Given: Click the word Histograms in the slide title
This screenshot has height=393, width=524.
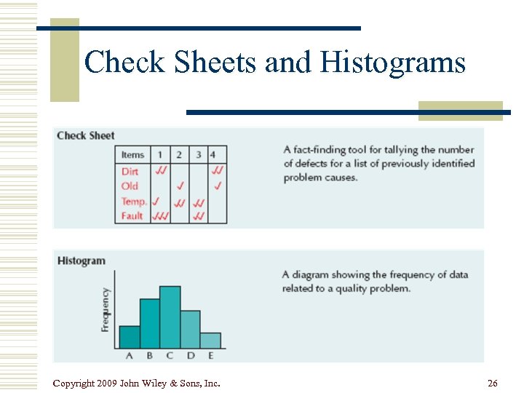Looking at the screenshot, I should point(393,63).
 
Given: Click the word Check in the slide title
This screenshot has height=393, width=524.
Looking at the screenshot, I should point(124,63).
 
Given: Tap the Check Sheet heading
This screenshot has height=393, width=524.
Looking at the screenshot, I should point(86,135).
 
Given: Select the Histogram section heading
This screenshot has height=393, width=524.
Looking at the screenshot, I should point(82,261).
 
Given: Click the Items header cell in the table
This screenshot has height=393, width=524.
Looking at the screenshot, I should point(132,154).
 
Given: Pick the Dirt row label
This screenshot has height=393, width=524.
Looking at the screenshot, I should point(130,171).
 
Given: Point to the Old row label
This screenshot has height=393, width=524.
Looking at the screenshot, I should point(130,186).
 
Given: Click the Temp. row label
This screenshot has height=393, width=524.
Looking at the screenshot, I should point(133,201).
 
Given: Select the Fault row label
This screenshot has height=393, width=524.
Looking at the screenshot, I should point(132,215).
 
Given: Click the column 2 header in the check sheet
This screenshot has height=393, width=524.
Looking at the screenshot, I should point(179,154).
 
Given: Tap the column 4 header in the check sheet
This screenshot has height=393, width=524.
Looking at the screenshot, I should point(213,154).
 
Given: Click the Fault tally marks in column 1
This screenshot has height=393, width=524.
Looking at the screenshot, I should point(160,216).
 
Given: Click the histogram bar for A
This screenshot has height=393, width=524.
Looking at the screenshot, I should point(130,336).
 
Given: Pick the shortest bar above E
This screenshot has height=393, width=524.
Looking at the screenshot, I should point(210,340).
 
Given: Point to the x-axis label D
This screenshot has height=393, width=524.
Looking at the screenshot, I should point(191,356).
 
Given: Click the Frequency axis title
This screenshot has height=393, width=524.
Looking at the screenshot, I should point(106,310).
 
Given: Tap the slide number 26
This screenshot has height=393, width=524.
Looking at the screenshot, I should point(493,384).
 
